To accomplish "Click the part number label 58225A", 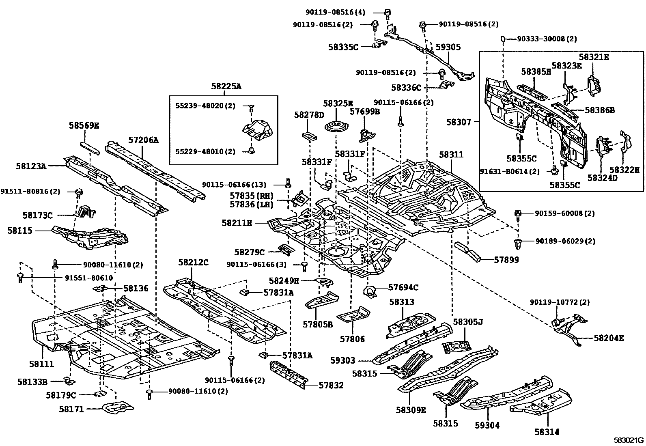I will click(x=226, y=86).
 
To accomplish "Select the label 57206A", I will click(x=144, y=140).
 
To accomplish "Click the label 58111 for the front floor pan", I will click(x=41, y=364).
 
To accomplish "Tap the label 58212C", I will click(x=193, y=263).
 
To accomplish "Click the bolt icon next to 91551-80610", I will click(x=20, y=278).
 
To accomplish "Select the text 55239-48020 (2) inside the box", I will click(x=205, y=106).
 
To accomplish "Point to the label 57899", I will click(x=506, y=260).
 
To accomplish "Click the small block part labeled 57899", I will click(x=467, y=251).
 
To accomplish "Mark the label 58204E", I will click(x=609, y=338).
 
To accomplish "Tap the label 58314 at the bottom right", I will click(x=547, y=432).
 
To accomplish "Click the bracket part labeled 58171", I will click(x=117, y=407).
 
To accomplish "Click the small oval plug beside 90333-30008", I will click(x=502, y=39).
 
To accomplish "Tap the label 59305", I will click(x=448, y=47).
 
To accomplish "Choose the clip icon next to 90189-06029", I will click(x=517, y=243).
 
